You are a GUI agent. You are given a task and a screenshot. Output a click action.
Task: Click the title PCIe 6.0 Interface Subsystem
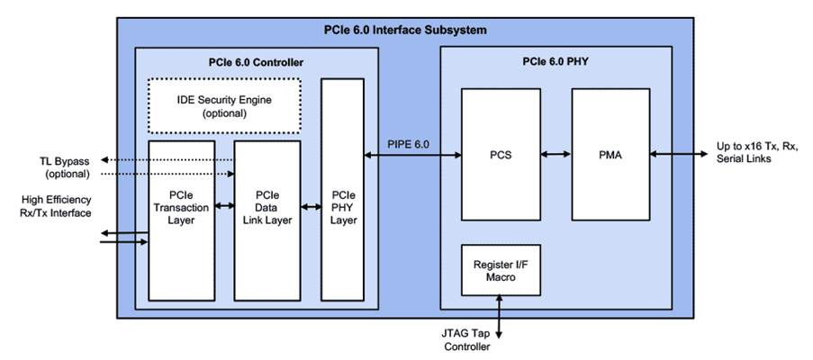(405, 30)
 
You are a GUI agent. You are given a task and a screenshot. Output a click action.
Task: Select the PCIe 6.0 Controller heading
(254, 62)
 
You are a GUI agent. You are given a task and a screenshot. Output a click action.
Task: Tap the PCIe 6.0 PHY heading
(556, 62)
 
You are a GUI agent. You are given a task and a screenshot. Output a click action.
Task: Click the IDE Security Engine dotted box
(224, 106)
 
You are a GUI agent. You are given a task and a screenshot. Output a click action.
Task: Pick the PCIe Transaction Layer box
(181, 220)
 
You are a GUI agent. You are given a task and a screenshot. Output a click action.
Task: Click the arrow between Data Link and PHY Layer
(311, 208)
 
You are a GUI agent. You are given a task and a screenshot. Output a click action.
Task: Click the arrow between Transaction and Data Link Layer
(224, 208)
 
